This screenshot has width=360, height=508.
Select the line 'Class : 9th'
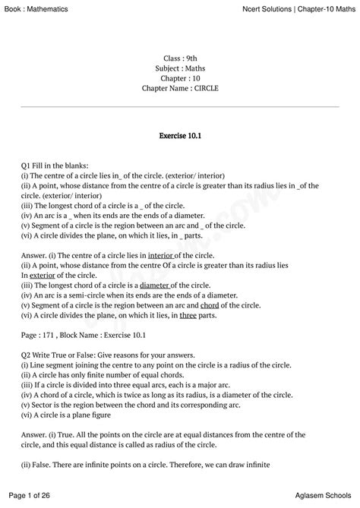click(180, 58)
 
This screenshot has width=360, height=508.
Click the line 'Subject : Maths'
click(180, 68)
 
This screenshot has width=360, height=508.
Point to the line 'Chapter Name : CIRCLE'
click(180, 88)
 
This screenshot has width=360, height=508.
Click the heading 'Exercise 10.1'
click(180, 136)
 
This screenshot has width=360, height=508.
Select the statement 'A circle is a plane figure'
click(80, 414)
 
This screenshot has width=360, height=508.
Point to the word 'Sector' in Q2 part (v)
click(43, 404)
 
